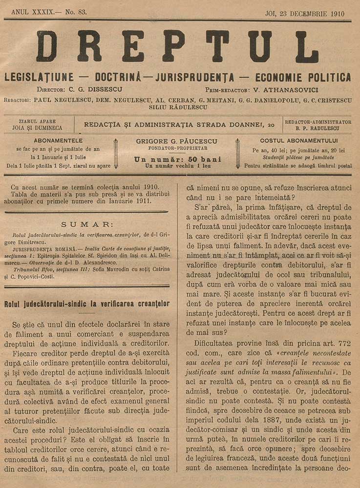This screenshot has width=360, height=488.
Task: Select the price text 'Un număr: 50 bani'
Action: pos(178,159)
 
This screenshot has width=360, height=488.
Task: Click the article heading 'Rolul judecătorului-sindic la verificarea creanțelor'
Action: pos(86,304)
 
